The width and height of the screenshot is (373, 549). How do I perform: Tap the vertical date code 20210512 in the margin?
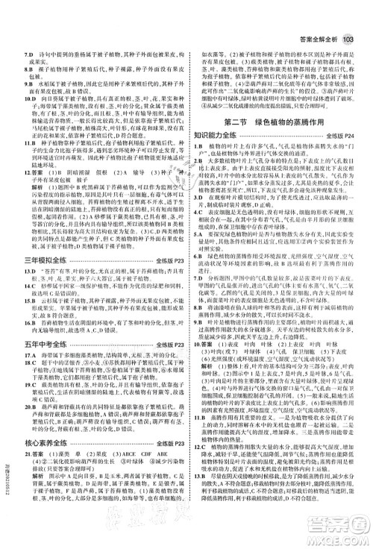coord(6,507)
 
